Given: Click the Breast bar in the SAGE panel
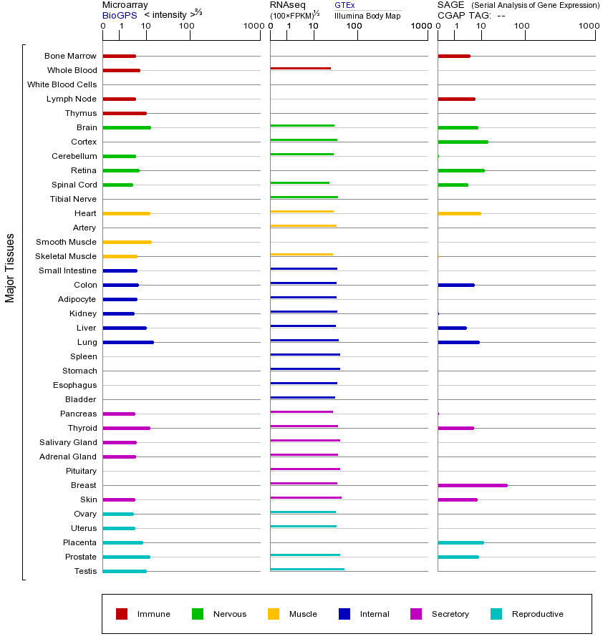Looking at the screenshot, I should [x=473, y=485].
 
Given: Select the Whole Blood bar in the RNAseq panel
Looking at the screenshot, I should [x=301, y=68].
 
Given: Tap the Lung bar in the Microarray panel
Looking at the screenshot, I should [x=128, y=342].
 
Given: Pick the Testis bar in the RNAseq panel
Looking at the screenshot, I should [x=307, y=569].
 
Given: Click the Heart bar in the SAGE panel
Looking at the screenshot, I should [x=459, y=213].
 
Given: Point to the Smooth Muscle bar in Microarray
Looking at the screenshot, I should [x=127, y=242].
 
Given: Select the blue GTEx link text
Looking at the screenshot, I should [x=344, y=5].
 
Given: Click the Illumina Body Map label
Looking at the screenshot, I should [x=367, y=15].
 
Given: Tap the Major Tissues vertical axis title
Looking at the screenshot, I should [x=10, y=268].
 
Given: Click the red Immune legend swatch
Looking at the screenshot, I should [x=122, y=614].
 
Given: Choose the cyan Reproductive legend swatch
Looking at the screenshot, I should [x=496, y=614].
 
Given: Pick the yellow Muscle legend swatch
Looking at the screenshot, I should [x=274, y=614].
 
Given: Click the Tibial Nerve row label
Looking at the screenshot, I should [x=73, y=199].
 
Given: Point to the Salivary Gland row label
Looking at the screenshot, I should [x=68, y=442].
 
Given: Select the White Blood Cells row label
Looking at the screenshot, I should [x=62, y=84].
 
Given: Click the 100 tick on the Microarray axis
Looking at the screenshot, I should [x=186, y=26].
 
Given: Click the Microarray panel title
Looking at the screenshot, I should [x=125, y=5].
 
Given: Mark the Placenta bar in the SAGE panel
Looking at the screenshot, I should [x=460, y=542].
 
